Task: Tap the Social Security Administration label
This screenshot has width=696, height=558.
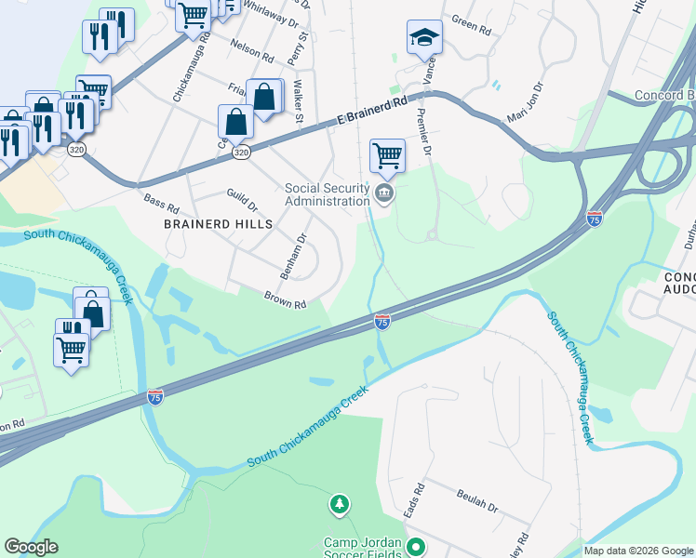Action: click(327, 194)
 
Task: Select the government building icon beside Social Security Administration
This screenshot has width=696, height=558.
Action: click(383, 194)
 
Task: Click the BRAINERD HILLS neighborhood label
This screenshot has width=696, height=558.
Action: click(219, 225)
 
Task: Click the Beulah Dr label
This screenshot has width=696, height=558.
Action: click(477, 502)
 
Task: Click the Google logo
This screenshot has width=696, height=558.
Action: click(31, 547)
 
